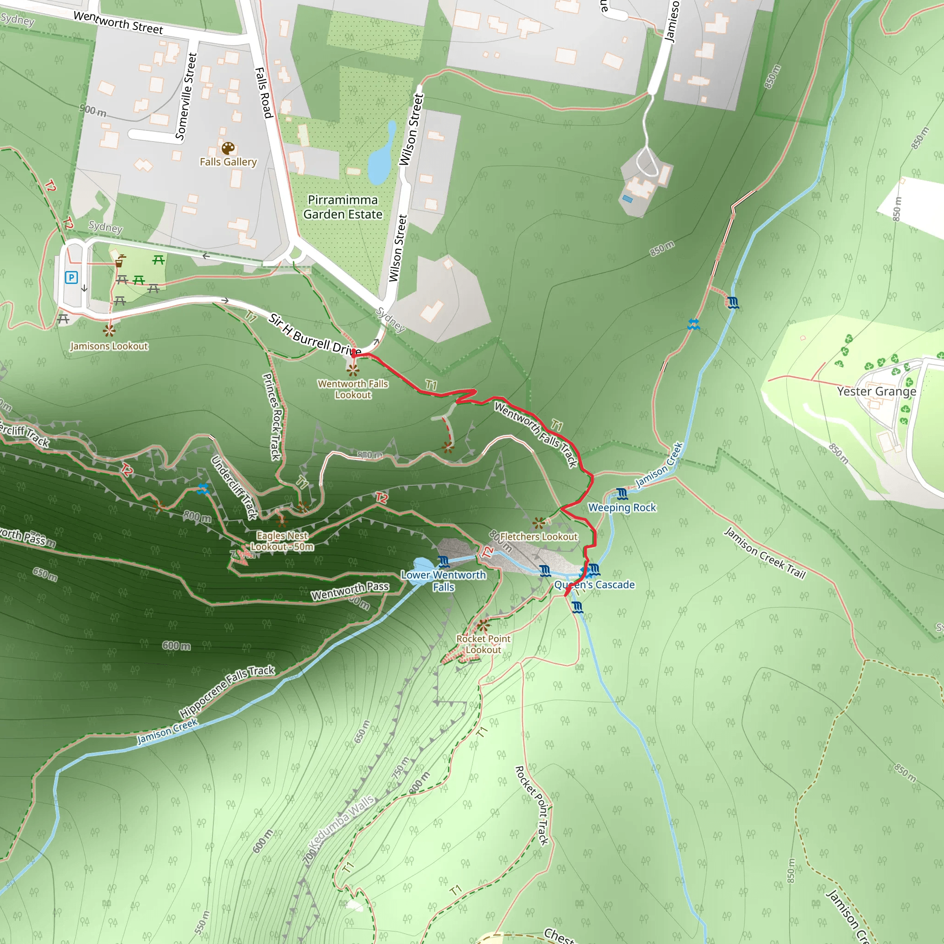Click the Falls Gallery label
pos(228,162)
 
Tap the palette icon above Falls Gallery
pos(228,148)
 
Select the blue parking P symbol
pos(71,277)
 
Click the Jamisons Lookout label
pos(109,346)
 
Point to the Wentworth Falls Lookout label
pos(353,389)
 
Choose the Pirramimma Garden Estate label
pos(342,207)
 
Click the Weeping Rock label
pos(622,507)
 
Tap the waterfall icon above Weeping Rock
pos(621,494)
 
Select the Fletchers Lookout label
pos(538,537)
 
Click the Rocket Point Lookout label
pos(483,644)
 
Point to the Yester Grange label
pos(877,391)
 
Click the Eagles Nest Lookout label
pos(282,541)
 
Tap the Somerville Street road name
pos(186,97)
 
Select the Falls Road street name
pos(263,93)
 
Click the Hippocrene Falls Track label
pos(227,690)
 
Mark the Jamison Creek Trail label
pos(764,553)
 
